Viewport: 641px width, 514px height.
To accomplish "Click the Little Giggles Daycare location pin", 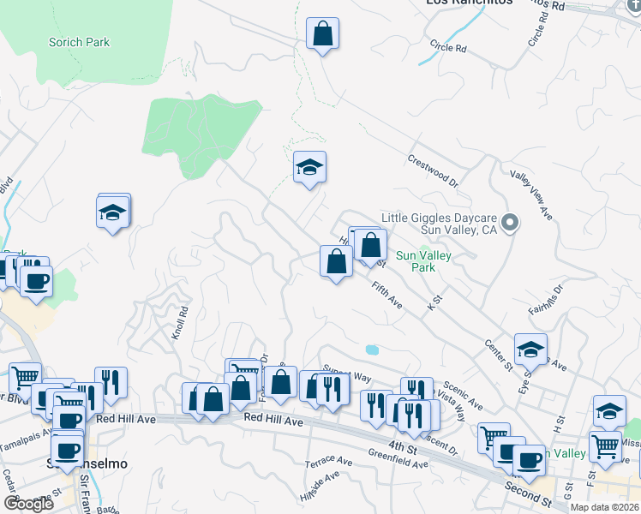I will tap(510, 224).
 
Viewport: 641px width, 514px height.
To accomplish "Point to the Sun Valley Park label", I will tap(422, 261).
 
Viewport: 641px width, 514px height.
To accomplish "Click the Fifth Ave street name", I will tap(387, 296).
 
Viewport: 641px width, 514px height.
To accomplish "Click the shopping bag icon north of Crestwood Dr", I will tap(323, 34).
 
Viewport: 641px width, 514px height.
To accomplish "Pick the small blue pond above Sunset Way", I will tap(371, 350).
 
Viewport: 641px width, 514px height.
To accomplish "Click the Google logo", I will tap(28, 504).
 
